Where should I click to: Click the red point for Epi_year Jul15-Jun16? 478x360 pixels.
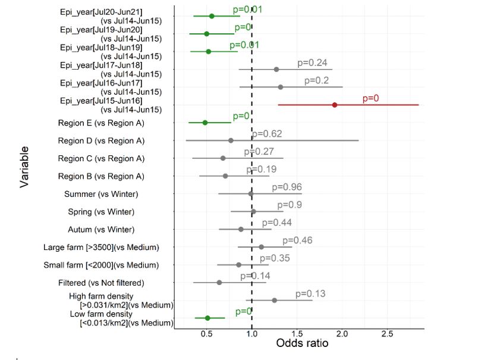pyautogui.click(x=335, y=105)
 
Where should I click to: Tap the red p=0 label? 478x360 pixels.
pyautogui.click(x=370, y=98)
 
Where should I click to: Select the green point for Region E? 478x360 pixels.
pyautogui.click(x=205, y=123)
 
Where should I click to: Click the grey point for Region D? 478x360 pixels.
pyautogui.click(x=231, y=140)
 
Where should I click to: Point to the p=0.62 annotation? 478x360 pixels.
pyautogui.click(x=267, y=134)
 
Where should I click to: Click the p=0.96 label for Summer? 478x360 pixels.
pyautogui.click(x=287, y=187)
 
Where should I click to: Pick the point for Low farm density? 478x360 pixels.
pyautogui.click(x=207, y=318)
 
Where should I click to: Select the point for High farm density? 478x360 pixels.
pyautogui.click(x=274, y=300)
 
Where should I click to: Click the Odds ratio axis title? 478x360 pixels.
pyautogui.click(x=302, y=343)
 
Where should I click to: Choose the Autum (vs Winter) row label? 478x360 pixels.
pyautogui.click(x=101, y=230)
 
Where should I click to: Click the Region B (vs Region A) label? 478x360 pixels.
pyautogui.click(x=101, y=177)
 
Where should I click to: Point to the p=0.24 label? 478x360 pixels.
pyautogui.click(x=313, y=62)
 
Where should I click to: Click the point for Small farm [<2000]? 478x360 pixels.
pyautogui.click(x=239, y=265)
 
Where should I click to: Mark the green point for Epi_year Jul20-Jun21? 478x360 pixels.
pyautogui.click(x=212, y=16)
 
